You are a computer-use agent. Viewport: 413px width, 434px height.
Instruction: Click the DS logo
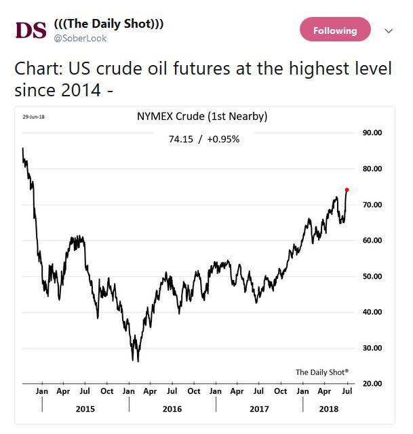(x=31, y=31)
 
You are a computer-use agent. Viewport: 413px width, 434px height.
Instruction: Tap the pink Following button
(x=335, y=31)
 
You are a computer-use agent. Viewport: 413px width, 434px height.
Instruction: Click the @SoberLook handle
(x=80, y=39)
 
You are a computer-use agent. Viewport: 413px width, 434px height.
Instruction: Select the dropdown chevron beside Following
(x=389, y=31)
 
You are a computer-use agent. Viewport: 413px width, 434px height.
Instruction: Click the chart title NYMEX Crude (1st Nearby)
(x=202, y=117)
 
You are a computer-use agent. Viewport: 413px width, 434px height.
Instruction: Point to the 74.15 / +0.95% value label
(x=203, y=139)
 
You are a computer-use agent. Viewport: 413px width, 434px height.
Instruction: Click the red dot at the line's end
(x=347, y=190)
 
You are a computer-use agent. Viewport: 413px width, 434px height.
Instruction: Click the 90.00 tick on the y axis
(x=373, y=133)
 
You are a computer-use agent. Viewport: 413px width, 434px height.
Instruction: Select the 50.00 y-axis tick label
(x=373, y=277)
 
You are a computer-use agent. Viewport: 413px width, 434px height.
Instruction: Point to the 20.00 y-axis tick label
(x=373, y=384)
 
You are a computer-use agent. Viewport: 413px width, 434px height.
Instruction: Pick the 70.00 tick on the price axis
(x=373, y=205)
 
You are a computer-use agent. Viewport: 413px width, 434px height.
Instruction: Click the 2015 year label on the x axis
(x=85, y=409)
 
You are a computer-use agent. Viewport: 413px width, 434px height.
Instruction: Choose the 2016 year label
(x=172, y=409)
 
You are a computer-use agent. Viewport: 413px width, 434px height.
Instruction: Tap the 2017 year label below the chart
(x=259, y=409)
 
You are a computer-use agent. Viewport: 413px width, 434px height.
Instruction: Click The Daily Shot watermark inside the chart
(x=322, y=372)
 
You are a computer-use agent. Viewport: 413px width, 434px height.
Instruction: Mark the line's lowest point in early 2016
(x=138, y=361)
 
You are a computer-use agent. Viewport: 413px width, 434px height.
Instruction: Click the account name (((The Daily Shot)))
(x=109, y=24)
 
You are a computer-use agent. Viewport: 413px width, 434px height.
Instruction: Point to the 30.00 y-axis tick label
(x=373, y=349)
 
